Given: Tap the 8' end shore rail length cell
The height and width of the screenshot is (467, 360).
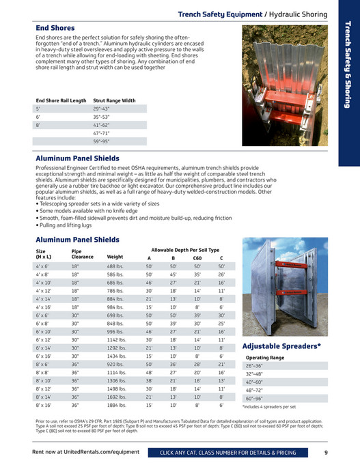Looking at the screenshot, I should click(39, 125).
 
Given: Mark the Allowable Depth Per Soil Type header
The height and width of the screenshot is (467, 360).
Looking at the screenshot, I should click(185, 250).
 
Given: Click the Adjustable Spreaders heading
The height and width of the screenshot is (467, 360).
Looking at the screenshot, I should click(282, 347).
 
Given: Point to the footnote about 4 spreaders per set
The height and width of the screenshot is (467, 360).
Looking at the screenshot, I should click(273, 406).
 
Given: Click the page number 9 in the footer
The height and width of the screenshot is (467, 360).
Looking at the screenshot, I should click(326, 453).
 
